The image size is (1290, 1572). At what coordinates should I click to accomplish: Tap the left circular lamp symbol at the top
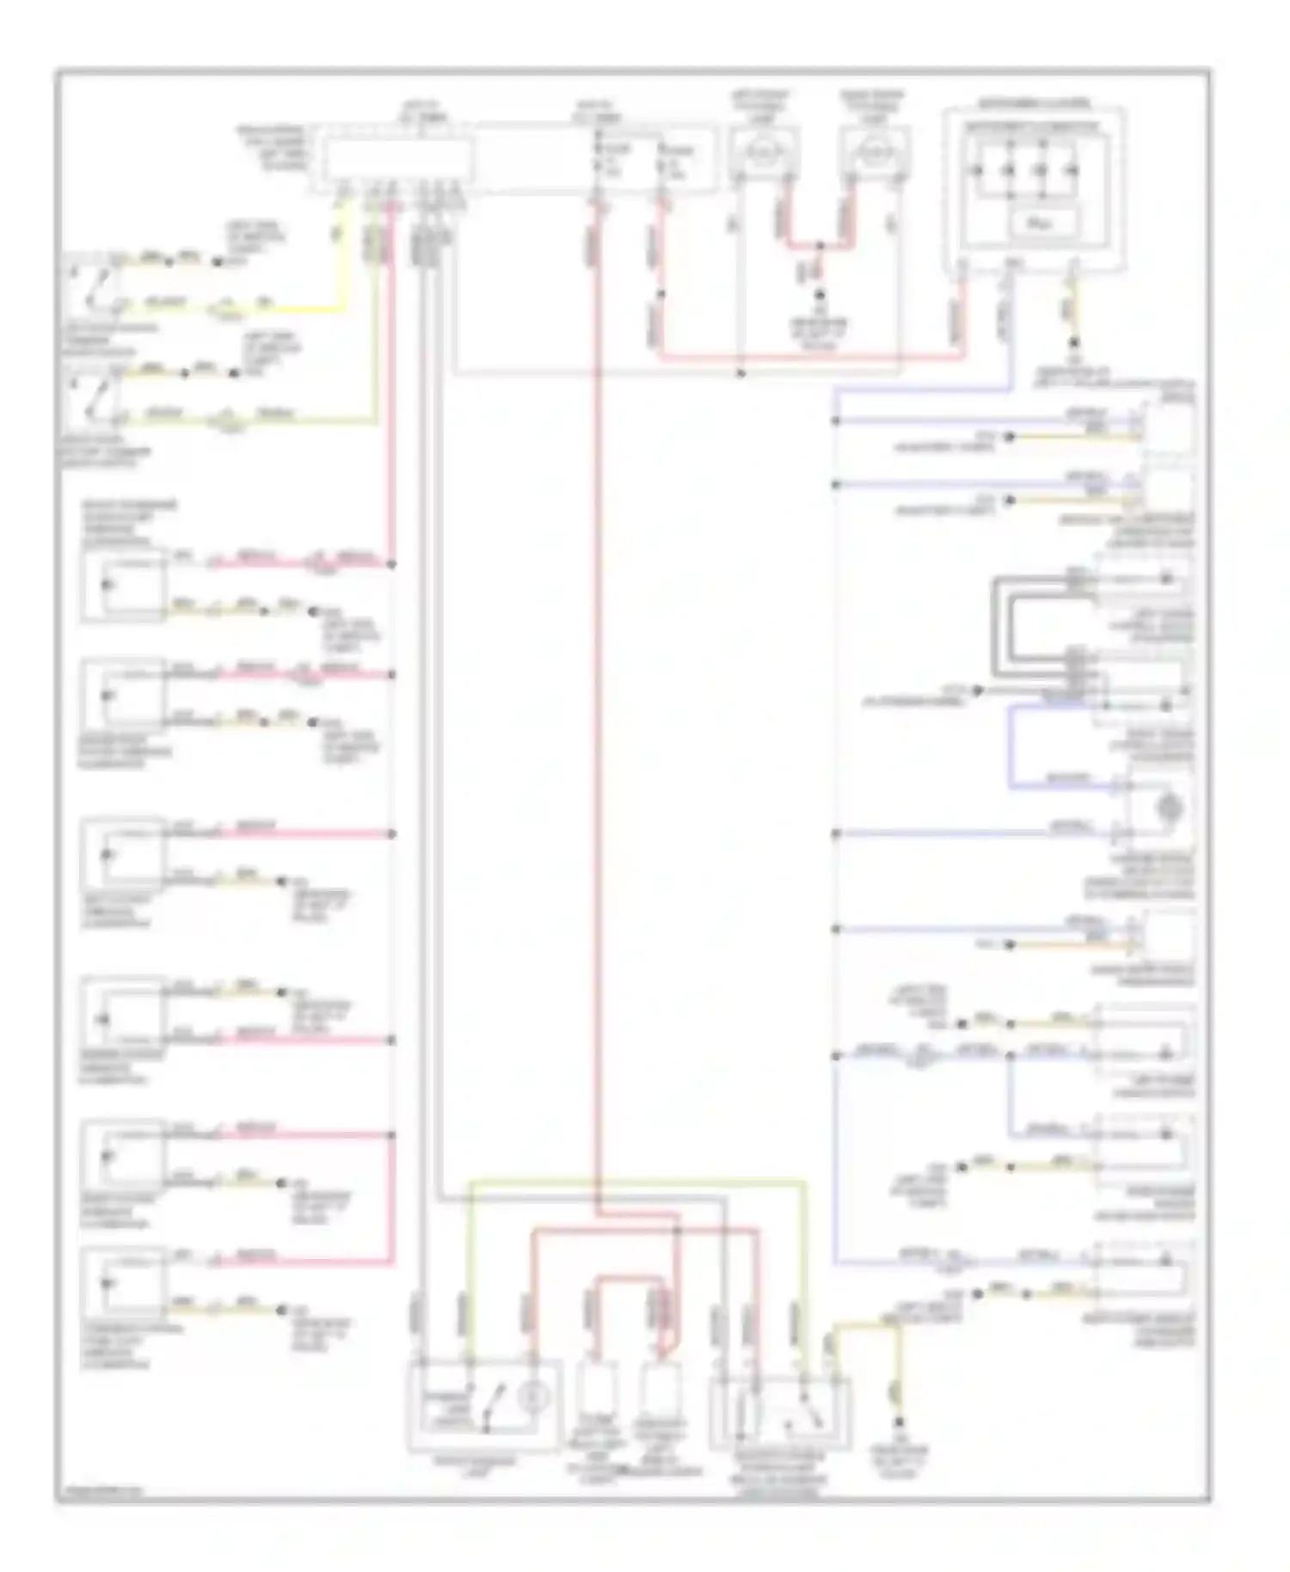[761, 152]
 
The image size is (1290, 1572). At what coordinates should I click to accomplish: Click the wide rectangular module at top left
[396, 160]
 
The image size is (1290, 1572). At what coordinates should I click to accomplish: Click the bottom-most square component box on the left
[123, 1284]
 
